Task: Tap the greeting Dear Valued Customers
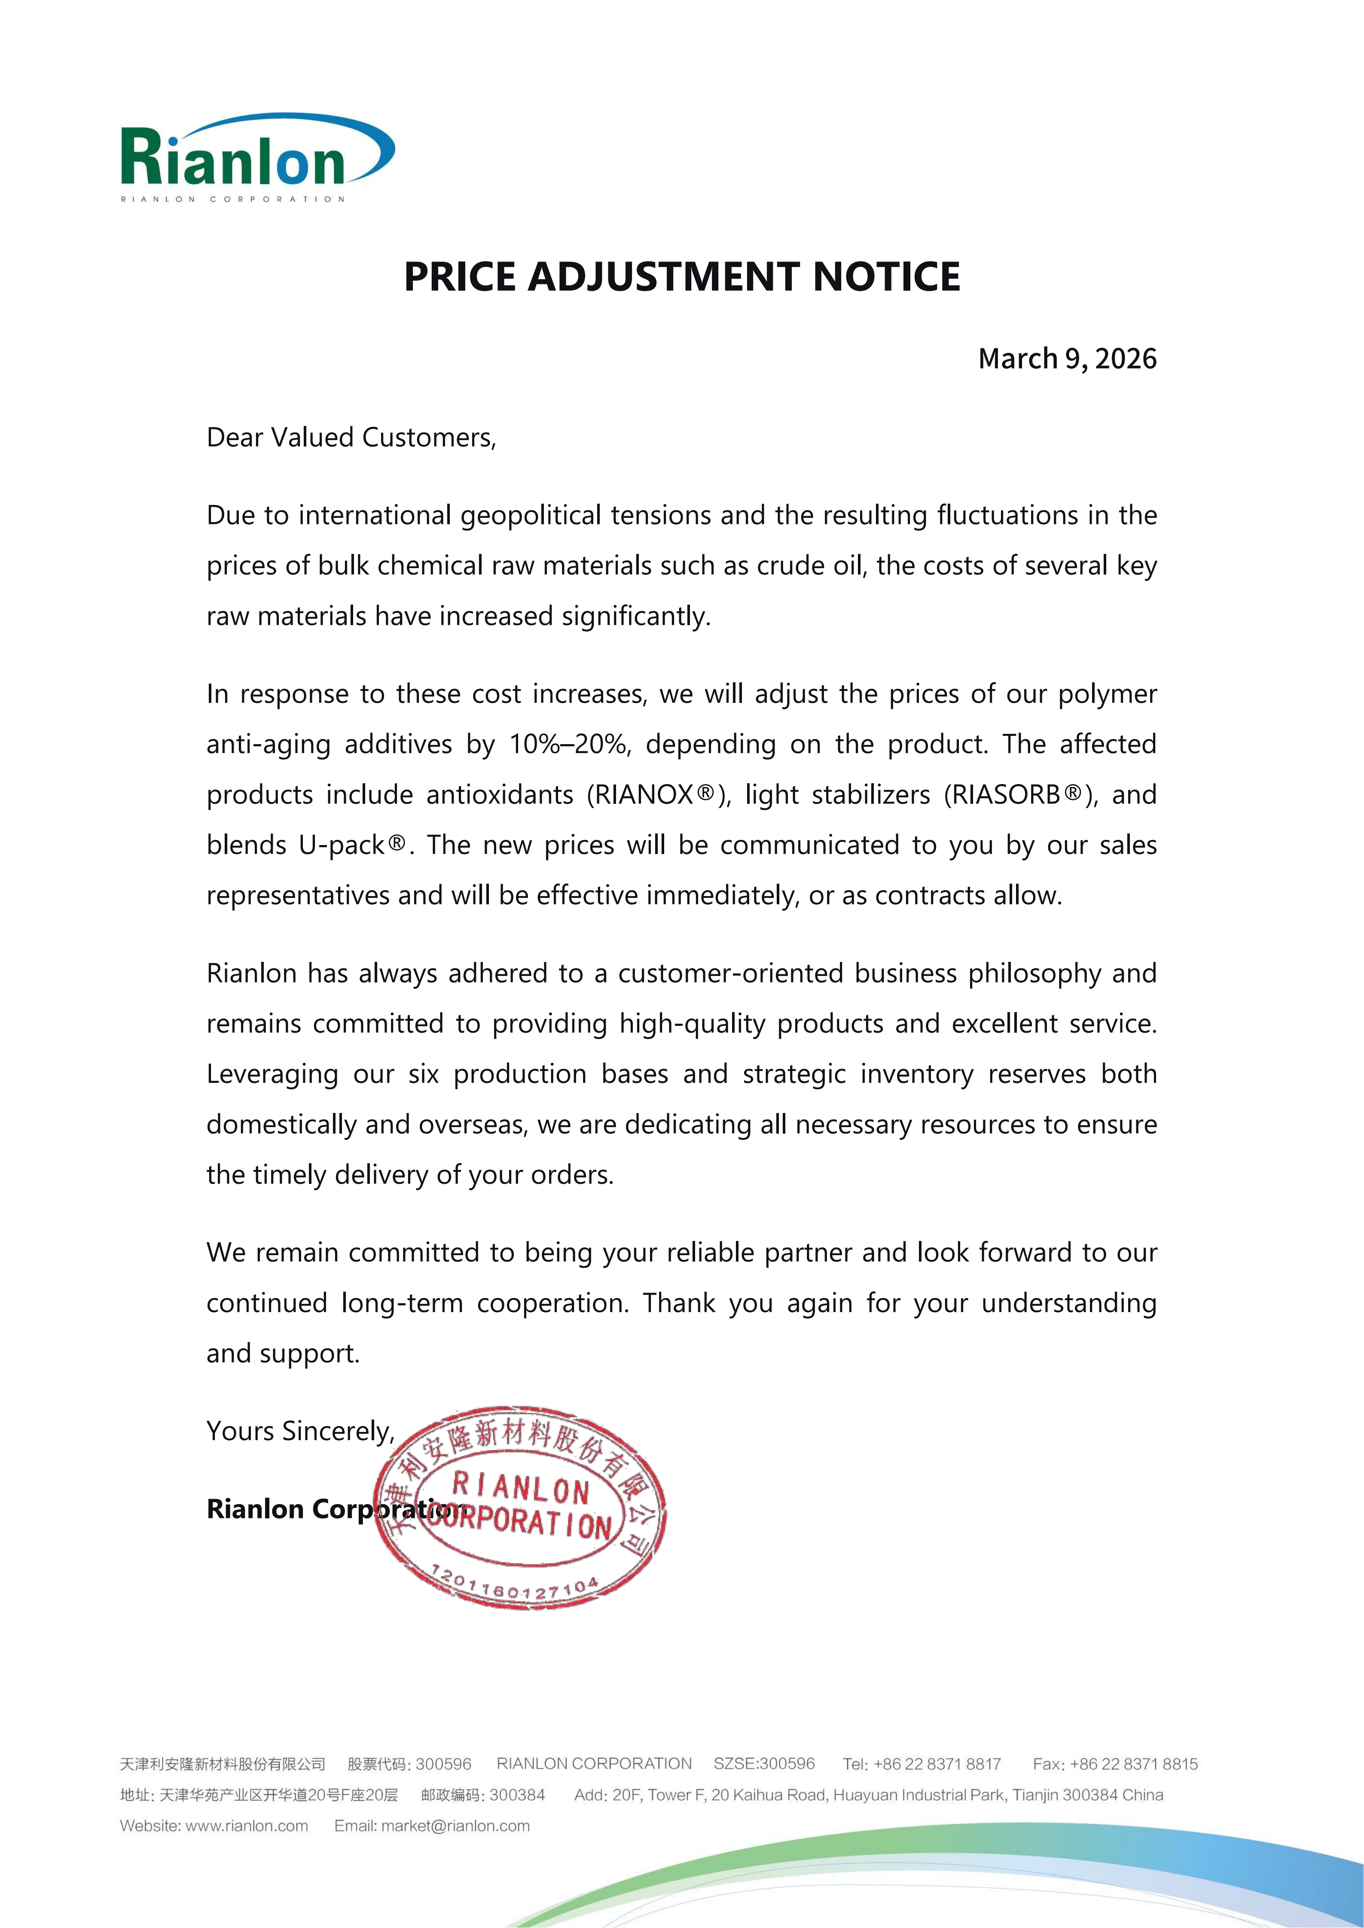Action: coord(351,438)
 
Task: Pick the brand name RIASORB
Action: coord(1004,794)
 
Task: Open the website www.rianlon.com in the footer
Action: coord(246,1825)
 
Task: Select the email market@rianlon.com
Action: coord(455,1825)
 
